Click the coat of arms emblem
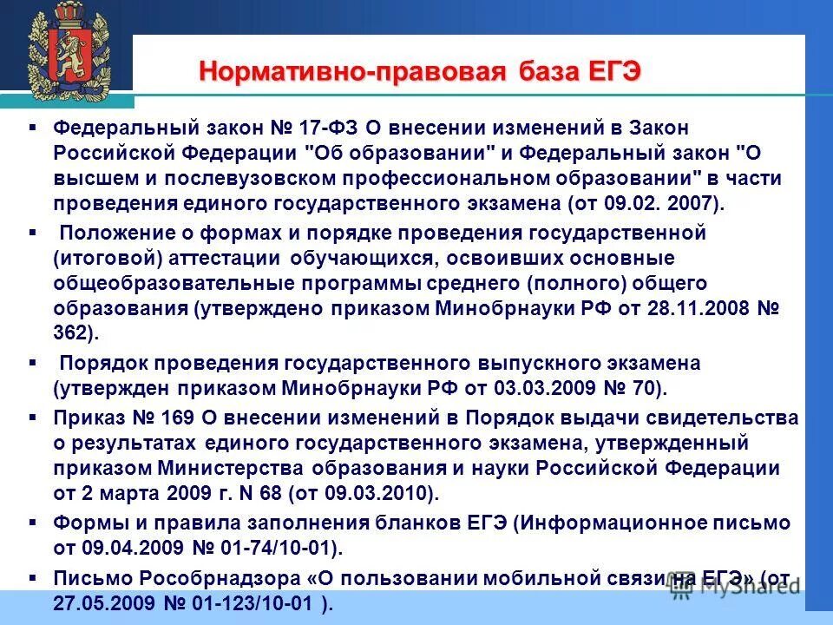click(66, 52)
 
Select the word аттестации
click(230, 258)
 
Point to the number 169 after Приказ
click(167, 418)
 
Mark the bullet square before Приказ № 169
click(32, 417)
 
